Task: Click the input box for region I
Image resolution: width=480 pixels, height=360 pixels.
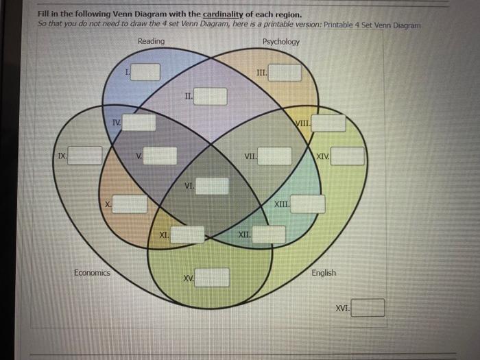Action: tap(146, 71)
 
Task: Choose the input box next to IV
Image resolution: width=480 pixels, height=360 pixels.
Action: tap(139, 123)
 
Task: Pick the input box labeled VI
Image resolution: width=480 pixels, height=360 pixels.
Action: tap(213, 186)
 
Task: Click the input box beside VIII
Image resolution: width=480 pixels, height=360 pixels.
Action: tap(330, 123)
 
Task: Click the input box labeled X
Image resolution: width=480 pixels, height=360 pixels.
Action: tap(130, 204)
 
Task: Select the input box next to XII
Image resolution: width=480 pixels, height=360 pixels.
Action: tap(269, 235)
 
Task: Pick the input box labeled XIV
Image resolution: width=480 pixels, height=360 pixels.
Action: tap(349, 157)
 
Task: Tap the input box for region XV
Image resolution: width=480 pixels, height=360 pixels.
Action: tap(214, 278)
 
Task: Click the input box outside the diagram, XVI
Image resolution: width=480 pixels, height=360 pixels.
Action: tap(369, 308)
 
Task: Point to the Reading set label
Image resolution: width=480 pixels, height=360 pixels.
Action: tap(151, 42)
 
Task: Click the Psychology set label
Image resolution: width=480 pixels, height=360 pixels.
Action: tap(280, 42)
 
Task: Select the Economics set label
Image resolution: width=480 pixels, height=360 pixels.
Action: tap(92, 273)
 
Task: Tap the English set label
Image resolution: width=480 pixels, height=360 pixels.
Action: tap(324, 273)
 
